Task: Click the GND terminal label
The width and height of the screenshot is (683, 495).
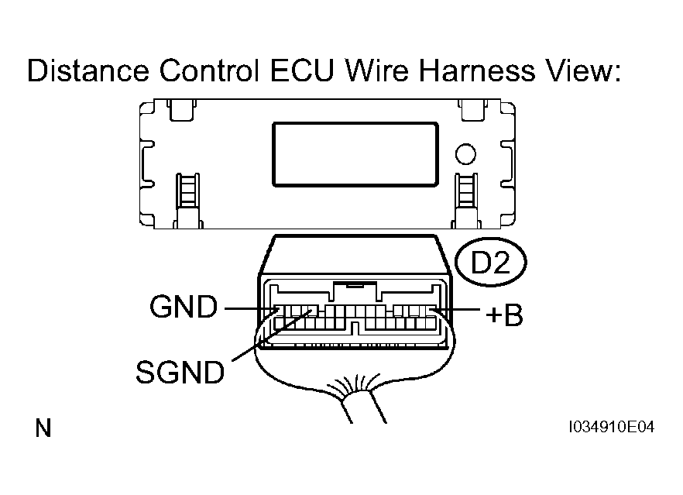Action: (184, 308)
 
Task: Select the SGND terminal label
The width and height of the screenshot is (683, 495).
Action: (180, 373)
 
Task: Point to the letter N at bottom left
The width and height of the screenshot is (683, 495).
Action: (43, 428)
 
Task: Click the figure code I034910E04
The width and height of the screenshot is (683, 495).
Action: (610, 428)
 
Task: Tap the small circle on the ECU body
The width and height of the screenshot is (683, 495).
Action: (465, 154)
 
